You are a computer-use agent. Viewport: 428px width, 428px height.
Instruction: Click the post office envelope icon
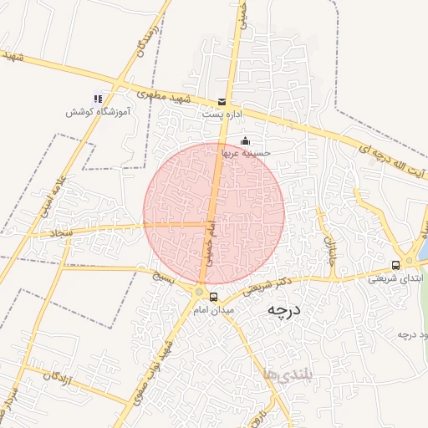pyautogui.click(x=222, y=99)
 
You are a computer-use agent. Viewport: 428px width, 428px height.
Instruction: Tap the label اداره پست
pyautogui.click(x=221, y=112)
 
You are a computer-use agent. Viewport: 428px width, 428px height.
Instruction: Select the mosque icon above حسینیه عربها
pyautogui.click(x=244, y=140)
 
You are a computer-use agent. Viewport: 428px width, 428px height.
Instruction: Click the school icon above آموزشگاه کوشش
pyautogui.click(x=97, y=99)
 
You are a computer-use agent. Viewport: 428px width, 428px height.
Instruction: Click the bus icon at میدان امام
pyautogui.click(x=214, y=297)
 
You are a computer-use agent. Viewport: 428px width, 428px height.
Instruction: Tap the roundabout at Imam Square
pyautogui.click(x=199, y=291)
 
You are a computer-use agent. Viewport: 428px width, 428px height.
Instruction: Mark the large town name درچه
pyautogui.click(x=283, y=310)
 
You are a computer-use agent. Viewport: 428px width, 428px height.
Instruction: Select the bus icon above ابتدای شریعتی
pyautogui.click(x=395, y=265)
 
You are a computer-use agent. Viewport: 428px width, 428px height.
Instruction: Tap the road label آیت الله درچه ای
pyautogui.click(x=389, y=160)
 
